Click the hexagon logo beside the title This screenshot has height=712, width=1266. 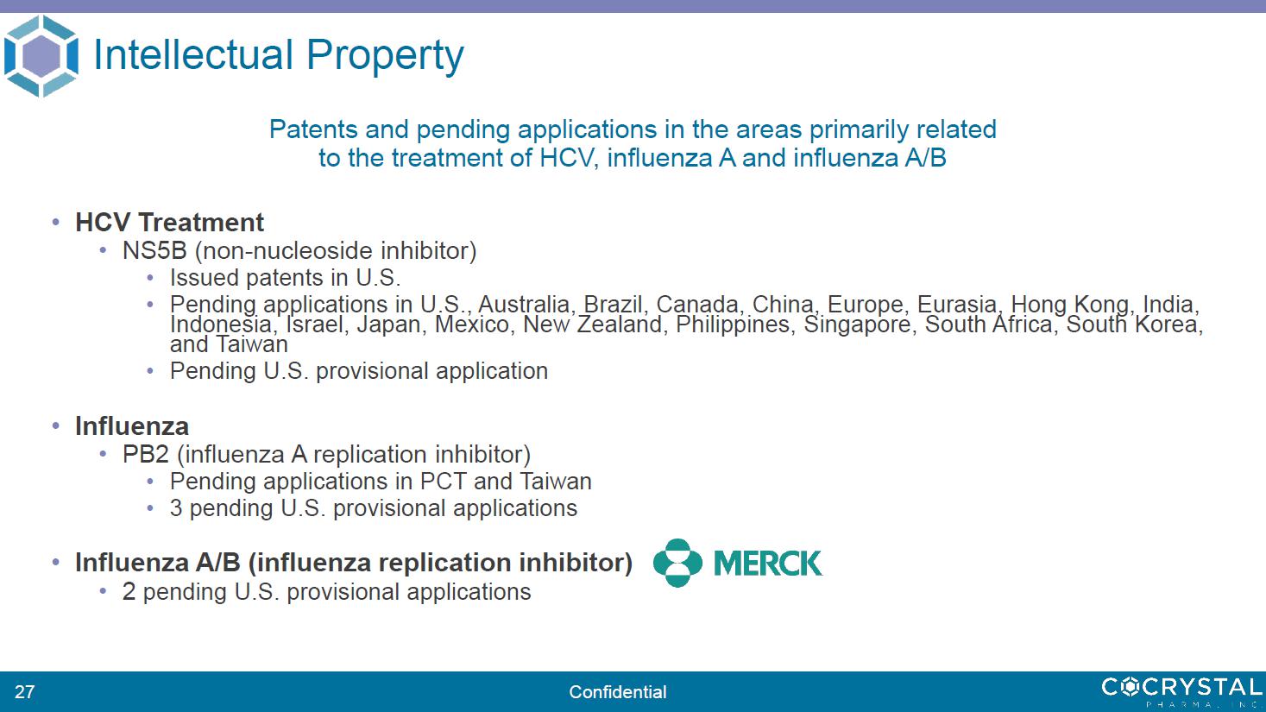[x=41, y=56]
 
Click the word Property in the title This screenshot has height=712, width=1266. [x=385, y=56]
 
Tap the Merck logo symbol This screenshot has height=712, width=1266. [x=677, y=563]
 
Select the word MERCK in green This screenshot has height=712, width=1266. [x=768, y=564]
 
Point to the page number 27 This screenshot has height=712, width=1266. [x=24, y=691]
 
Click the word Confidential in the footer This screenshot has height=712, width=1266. [x=618, y=691]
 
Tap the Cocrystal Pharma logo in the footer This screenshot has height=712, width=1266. [x=1181, y=691]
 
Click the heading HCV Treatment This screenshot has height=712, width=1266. [x=169, y=222]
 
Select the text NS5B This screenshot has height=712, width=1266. [x=154, y=250]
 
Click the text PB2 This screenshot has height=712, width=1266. [x=145, y=454]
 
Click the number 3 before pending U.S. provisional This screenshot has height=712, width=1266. [x=176, y=508]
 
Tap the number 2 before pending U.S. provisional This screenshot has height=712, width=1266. [x=129, y=592]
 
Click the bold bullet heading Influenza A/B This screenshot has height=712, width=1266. [x=158, y=562]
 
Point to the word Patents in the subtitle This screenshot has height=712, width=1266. [x=313, y=129]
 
